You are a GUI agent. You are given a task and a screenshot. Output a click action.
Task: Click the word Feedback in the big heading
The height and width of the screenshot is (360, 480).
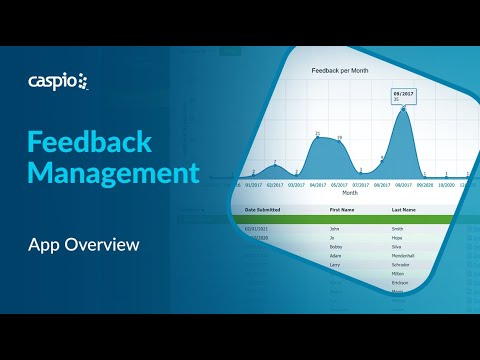(x=89, y=140)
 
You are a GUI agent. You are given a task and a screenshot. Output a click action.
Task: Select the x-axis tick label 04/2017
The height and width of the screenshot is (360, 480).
(x=319, y=185)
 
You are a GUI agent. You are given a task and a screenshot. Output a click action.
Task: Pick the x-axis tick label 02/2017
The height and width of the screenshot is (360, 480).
(x=274, y=185)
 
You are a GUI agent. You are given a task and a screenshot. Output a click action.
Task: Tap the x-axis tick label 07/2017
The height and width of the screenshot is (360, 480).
(x=362, y=185)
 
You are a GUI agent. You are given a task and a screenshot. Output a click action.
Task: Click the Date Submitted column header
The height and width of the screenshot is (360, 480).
(x=263, y=210)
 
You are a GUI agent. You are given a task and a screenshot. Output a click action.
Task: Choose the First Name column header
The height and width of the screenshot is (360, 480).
(x=342, y=210)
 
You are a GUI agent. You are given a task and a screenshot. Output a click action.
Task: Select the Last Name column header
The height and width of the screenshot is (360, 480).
(x=404, y=210)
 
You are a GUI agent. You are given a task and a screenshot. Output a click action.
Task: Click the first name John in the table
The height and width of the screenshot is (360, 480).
(x=335, y=229)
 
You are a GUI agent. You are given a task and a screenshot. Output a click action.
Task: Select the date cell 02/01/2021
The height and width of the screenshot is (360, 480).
(x=258, y=229)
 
